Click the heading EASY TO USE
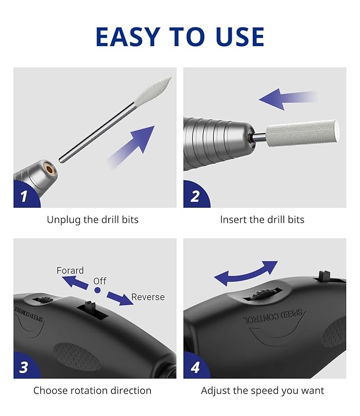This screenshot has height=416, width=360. tap(180, 37)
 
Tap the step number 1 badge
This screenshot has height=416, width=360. tap(24, 197)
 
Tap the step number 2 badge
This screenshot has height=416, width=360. tap(195, 197)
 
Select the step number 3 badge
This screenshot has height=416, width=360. tap(24, 367)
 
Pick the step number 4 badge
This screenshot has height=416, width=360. tap(195, 367)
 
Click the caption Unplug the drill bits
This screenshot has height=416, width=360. tap(92, 219)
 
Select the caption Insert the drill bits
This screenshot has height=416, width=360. tap(262, 219)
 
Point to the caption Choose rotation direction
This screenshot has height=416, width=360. tap(92, 391)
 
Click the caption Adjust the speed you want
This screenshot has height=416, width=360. tap(262, 391)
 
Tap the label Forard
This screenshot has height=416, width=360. tap(70, 270)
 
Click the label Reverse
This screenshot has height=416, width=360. tap(148, 297)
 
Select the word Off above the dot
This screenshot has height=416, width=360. tap(100, 281)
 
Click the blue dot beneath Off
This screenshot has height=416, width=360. tap(98, 290)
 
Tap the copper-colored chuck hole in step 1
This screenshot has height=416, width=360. tap(50, 170)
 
